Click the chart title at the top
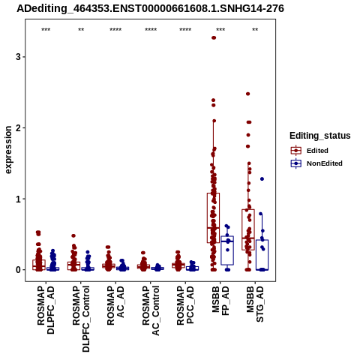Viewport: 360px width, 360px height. coord(150,8)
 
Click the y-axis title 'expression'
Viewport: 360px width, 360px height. coord(8,150)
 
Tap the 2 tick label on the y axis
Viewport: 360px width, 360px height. coord(18,127)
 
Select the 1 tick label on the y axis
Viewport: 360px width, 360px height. coord(18,199)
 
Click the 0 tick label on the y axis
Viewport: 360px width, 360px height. coord(18,270)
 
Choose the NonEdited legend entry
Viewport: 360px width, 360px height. coord(316,163)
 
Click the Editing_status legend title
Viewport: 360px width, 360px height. coord(320,136)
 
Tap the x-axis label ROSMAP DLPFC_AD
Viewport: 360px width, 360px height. coord(46,310)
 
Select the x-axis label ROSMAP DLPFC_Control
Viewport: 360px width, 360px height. coord(81,319)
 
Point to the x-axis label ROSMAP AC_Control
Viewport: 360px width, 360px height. coord(151,310)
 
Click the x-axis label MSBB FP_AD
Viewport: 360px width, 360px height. coord(220,301)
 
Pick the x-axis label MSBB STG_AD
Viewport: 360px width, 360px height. coord(255,304)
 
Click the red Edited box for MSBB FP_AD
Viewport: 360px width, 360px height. coord(213,217)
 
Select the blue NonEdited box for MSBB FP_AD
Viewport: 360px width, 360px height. coord(227,250)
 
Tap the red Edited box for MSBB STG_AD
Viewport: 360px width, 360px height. coord(248,229)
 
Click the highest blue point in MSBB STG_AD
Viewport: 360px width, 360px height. coord(262,179)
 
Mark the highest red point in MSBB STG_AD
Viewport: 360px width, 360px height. coord(248,94)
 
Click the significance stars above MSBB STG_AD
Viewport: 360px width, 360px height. coord(255,30)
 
